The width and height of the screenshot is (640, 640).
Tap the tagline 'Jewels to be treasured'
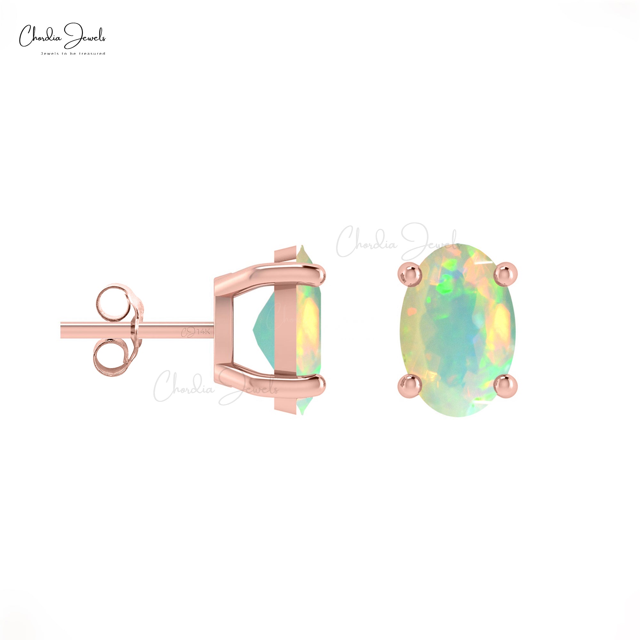coord(73,54)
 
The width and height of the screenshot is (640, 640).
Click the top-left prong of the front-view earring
coord(410,274)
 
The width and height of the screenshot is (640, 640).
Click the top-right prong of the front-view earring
coord(506,274)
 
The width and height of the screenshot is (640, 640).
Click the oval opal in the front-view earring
coord(457,331)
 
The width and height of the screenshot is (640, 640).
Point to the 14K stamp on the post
coord(203,332)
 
